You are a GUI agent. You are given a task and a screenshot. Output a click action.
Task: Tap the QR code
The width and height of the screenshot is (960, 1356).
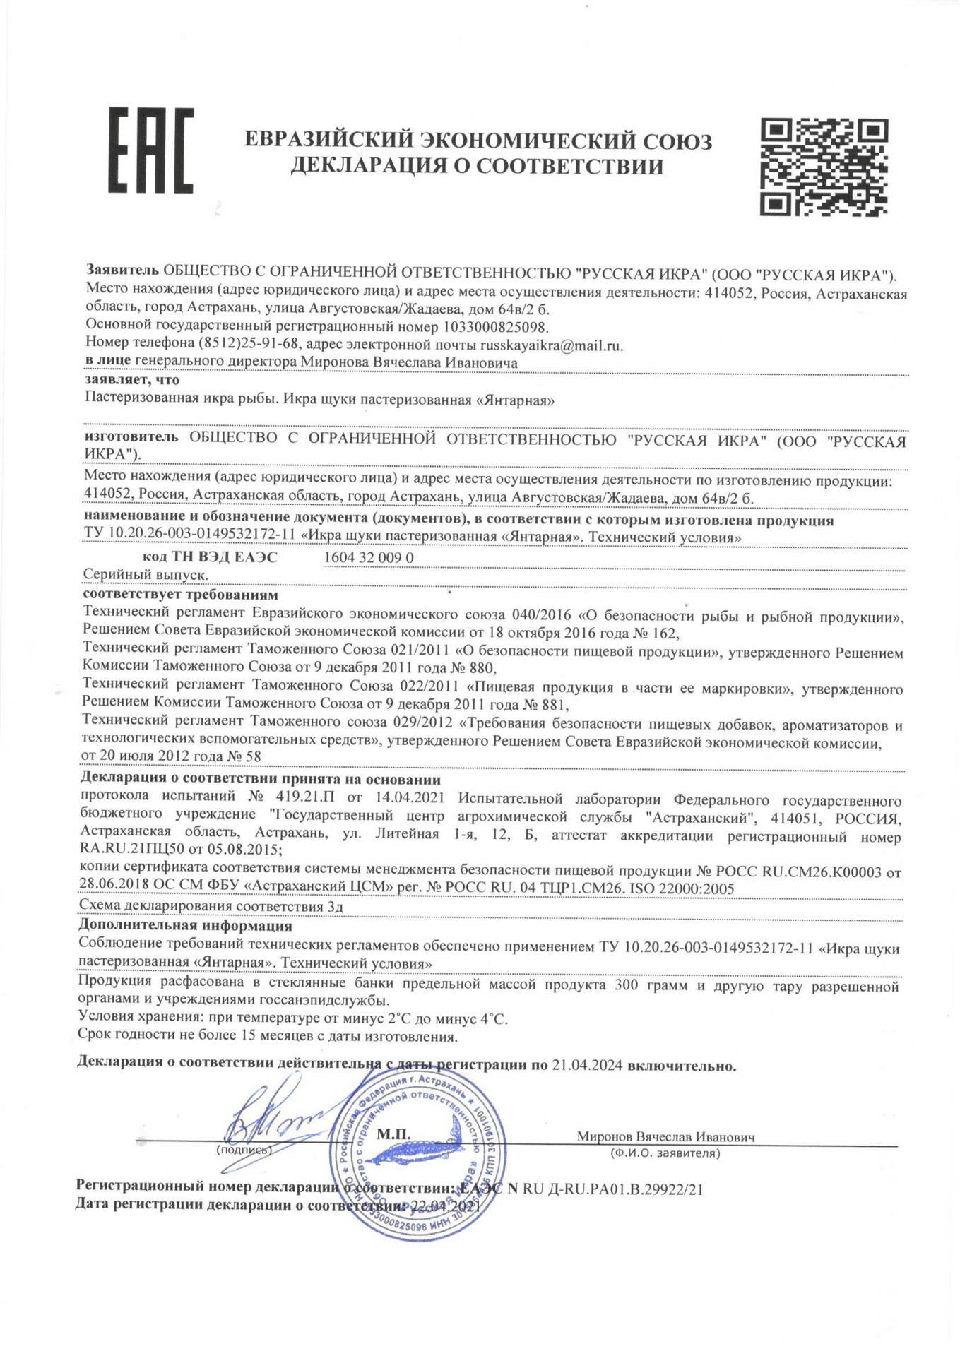(x=823, y=167)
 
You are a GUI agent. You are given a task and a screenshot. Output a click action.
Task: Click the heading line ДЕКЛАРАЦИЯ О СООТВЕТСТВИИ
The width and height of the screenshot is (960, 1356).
(x=478, y=167)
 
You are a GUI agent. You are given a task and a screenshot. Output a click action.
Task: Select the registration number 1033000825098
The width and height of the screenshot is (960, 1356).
(x=496, y=327)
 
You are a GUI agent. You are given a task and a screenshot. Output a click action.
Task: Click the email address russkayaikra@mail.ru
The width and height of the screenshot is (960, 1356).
(x=551, y=345)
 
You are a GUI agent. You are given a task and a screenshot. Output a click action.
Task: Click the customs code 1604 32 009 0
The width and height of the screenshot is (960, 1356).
(x=368, y=557)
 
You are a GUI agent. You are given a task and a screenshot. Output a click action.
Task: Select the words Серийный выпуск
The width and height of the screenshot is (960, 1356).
(x=146, y=575)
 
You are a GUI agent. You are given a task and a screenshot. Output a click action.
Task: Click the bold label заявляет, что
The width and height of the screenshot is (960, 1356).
(x=132, y=380)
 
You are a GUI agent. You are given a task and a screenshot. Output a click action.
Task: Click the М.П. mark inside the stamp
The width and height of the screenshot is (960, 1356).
(x=393, y=1134)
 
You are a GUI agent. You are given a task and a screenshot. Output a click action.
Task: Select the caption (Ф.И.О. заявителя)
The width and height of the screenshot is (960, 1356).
(x=665, y=1154)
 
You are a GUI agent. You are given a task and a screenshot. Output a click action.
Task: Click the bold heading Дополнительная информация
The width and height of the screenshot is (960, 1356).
(x=185, y=926)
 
